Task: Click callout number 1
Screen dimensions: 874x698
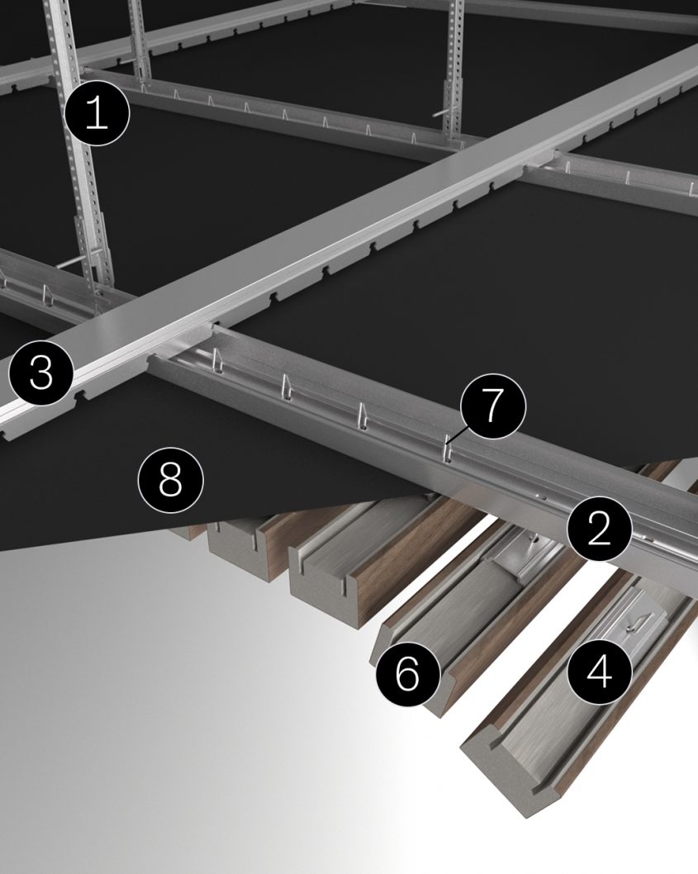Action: (97, 113)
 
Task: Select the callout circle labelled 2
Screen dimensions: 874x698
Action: (598, 530)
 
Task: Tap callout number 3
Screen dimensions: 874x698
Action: (41, 373)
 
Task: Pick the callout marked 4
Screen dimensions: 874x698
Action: (600, 672)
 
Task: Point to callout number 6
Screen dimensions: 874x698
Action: (408, 674)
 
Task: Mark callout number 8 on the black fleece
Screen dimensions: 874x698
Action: (169, 478)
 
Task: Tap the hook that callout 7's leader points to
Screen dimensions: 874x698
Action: (446, 452)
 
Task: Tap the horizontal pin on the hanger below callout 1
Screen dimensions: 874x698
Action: (78, 263)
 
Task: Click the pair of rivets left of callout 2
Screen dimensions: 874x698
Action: (541, 497)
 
